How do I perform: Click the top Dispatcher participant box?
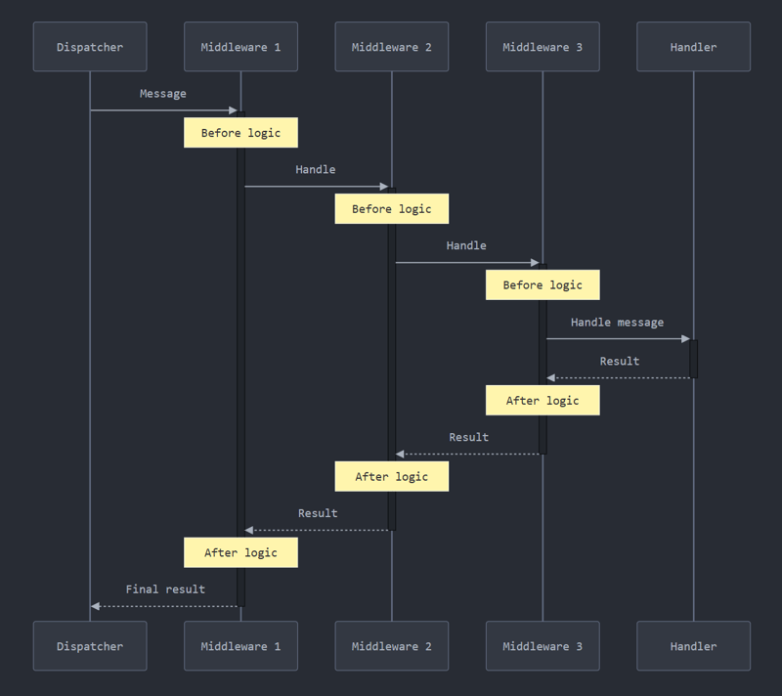90,47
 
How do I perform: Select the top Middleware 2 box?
392,47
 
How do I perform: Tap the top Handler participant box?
693,47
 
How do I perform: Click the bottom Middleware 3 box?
543,646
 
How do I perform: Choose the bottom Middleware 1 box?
240,646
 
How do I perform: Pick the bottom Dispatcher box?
90,646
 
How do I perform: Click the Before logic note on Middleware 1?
240,133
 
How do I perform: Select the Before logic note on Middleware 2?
392,209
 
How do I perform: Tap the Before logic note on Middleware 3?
543,285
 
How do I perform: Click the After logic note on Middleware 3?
543,400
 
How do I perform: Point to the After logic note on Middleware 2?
392,476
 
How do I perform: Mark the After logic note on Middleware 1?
240,552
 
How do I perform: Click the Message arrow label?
163,94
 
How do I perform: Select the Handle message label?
617,323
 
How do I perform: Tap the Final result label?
165,589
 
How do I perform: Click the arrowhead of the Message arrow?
233,110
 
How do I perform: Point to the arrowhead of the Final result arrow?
96,606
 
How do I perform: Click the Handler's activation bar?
693,358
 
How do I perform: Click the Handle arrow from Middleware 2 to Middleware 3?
466,263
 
